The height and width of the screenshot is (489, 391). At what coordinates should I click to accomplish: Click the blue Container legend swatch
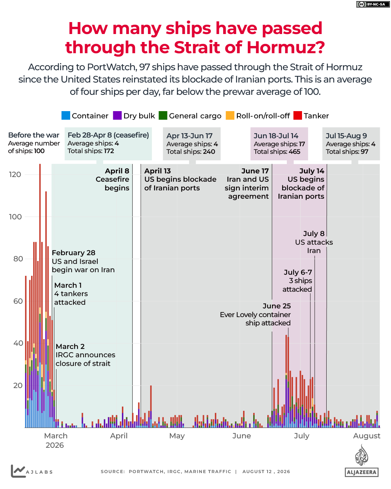point(65,115)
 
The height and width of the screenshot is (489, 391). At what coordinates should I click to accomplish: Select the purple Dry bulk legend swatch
point(117,115)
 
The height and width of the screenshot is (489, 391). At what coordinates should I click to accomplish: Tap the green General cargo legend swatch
point(163,115)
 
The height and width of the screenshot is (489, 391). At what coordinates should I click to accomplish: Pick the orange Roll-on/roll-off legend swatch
point(230,115)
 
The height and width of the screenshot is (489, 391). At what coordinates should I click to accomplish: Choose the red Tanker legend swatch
point(297,115)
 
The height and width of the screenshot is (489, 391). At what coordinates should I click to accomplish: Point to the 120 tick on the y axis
point(15,174)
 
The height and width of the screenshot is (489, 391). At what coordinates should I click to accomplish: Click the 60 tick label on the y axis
point(18,301)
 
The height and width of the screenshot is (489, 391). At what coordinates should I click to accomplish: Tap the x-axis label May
point(177,436)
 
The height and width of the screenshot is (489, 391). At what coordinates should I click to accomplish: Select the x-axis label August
point(366,436)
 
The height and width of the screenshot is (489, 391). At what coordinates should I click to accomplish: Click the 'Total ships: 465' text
point(277,152)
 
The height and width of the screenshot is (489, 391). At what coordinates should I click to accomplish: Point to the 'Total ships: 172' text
point(90,151)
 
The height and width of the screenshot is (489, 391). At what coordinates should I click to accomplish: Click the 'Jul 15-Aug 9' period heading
point(346,136)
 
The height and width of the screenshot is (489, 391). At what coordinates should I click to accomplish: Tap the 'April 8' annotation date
point(117,171)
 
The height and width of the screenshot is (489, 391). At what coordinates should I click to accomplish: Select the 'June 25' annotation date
point(277,306)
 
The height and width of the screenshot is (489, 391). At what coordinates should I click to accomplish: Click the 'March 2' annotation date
point(70,346)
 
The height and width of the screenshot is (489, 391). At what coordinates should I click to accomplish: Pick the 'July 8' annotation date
point(314,233)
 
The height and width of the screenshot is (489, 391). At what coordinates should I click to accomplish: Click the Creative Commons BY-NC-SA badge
point(373,4)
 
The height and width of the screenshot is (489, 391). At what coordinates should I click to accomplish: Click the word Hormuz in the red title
point(286,47)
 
